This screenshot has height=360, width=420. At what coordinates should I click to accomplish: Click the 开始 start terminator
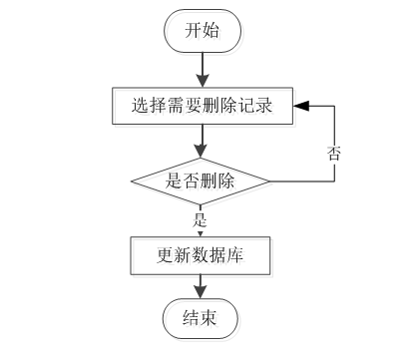click(x=202, y=32)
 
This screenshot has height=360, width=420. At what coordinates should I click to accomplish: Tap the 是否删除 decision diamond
click(x=202, y=181)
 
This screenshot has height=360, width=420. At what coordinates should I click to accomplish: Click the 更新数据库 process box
click(x=202, y=255)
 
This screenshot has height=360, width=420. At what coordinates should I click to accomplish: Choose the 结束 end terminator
click(x=202, y=319)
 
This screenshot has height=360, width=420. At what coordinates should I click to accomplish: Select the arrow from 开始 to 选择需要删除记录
click(x=202, y=67)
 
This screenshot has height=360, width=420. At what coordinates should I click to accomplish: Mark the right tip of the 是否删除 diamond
click(x=270, y=181)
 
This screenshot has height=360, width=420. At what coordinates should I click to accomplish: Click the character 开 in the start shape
click(x=192, y=32)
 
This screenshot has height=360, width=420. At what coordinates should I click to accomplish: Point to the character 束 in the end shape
click(x=211, y=319)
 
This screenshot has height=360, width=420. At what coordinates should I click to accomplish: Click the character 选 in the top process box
click(x=140, y=103)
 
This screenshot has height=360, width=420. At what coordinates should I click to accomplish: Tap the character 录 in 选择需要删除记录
click(x=264, y=103)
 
